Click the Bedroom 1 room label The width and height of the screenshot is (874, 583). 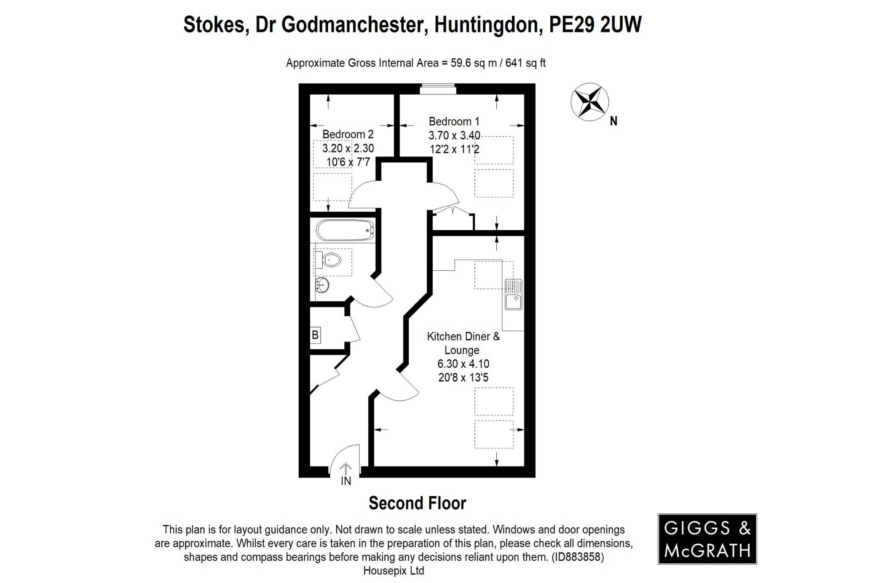[454, 122]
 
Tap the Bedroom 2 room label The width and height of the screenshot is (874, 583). [348, 135]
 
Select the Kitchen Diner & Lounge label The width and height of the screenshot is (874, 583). [463, 343]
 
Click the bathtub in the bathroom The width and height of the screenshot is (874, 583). [345, 231]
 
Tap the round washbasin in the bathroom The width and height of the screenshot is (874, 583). [322, 284]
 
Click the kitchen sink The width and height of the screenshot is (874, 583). [513, 295]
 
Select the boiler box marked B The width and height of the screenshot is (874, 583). [315, 335]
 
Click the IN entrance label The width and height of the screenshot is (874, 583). [346, 481]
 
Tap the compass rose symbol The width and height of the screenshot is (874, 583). [589, 102]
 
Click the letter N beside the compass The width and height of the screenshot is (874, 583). [614, 122]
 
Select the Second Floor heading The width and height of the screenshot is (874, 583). [417, 504]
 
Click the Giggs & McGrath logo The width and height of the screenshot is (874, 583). [707, 539]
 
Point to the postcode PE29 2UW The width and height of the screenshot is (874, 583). [595, 25]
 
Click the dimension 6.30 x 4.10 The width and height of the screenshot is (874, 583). [463, 364]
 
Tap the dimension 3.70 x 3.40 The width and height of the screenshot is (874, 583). [454, 136]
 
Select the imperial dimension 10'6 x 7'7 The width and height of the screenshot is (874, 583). [348, 162]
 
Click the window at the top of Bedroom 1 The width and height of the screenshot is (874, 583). [438, 89]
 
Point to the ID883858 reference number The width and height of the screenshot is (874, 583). [578, 557]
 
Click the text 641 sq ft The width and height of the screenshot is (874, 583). [525, 63]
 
